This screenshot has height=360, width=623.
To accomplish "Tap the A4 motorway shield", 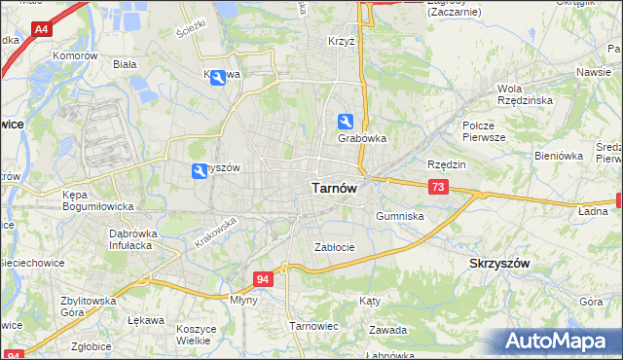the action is [41, 31].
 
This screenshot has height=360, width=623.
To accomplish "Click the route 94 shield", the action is [263, 279].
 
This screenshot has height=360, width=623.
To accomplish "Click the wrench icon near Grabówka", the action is [346, 122].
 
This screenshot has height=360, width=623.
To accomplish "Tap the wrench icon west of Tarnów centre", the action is [200, 171].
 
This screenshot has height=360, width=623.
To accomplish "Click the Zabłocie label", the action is [334, 247].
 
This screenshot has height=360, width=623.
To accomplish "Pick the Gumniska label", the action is [399, 216].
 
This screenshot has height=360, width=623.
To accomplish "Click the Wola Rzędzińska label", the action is [526, 93].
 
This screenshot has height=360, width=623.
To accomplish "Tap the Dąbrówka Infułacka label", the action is [134, 239].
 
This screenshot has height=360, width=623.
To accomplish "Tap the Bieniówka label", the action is [558, 156].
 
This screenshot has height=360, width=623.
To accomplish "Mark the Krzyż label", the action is [341, 44].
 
